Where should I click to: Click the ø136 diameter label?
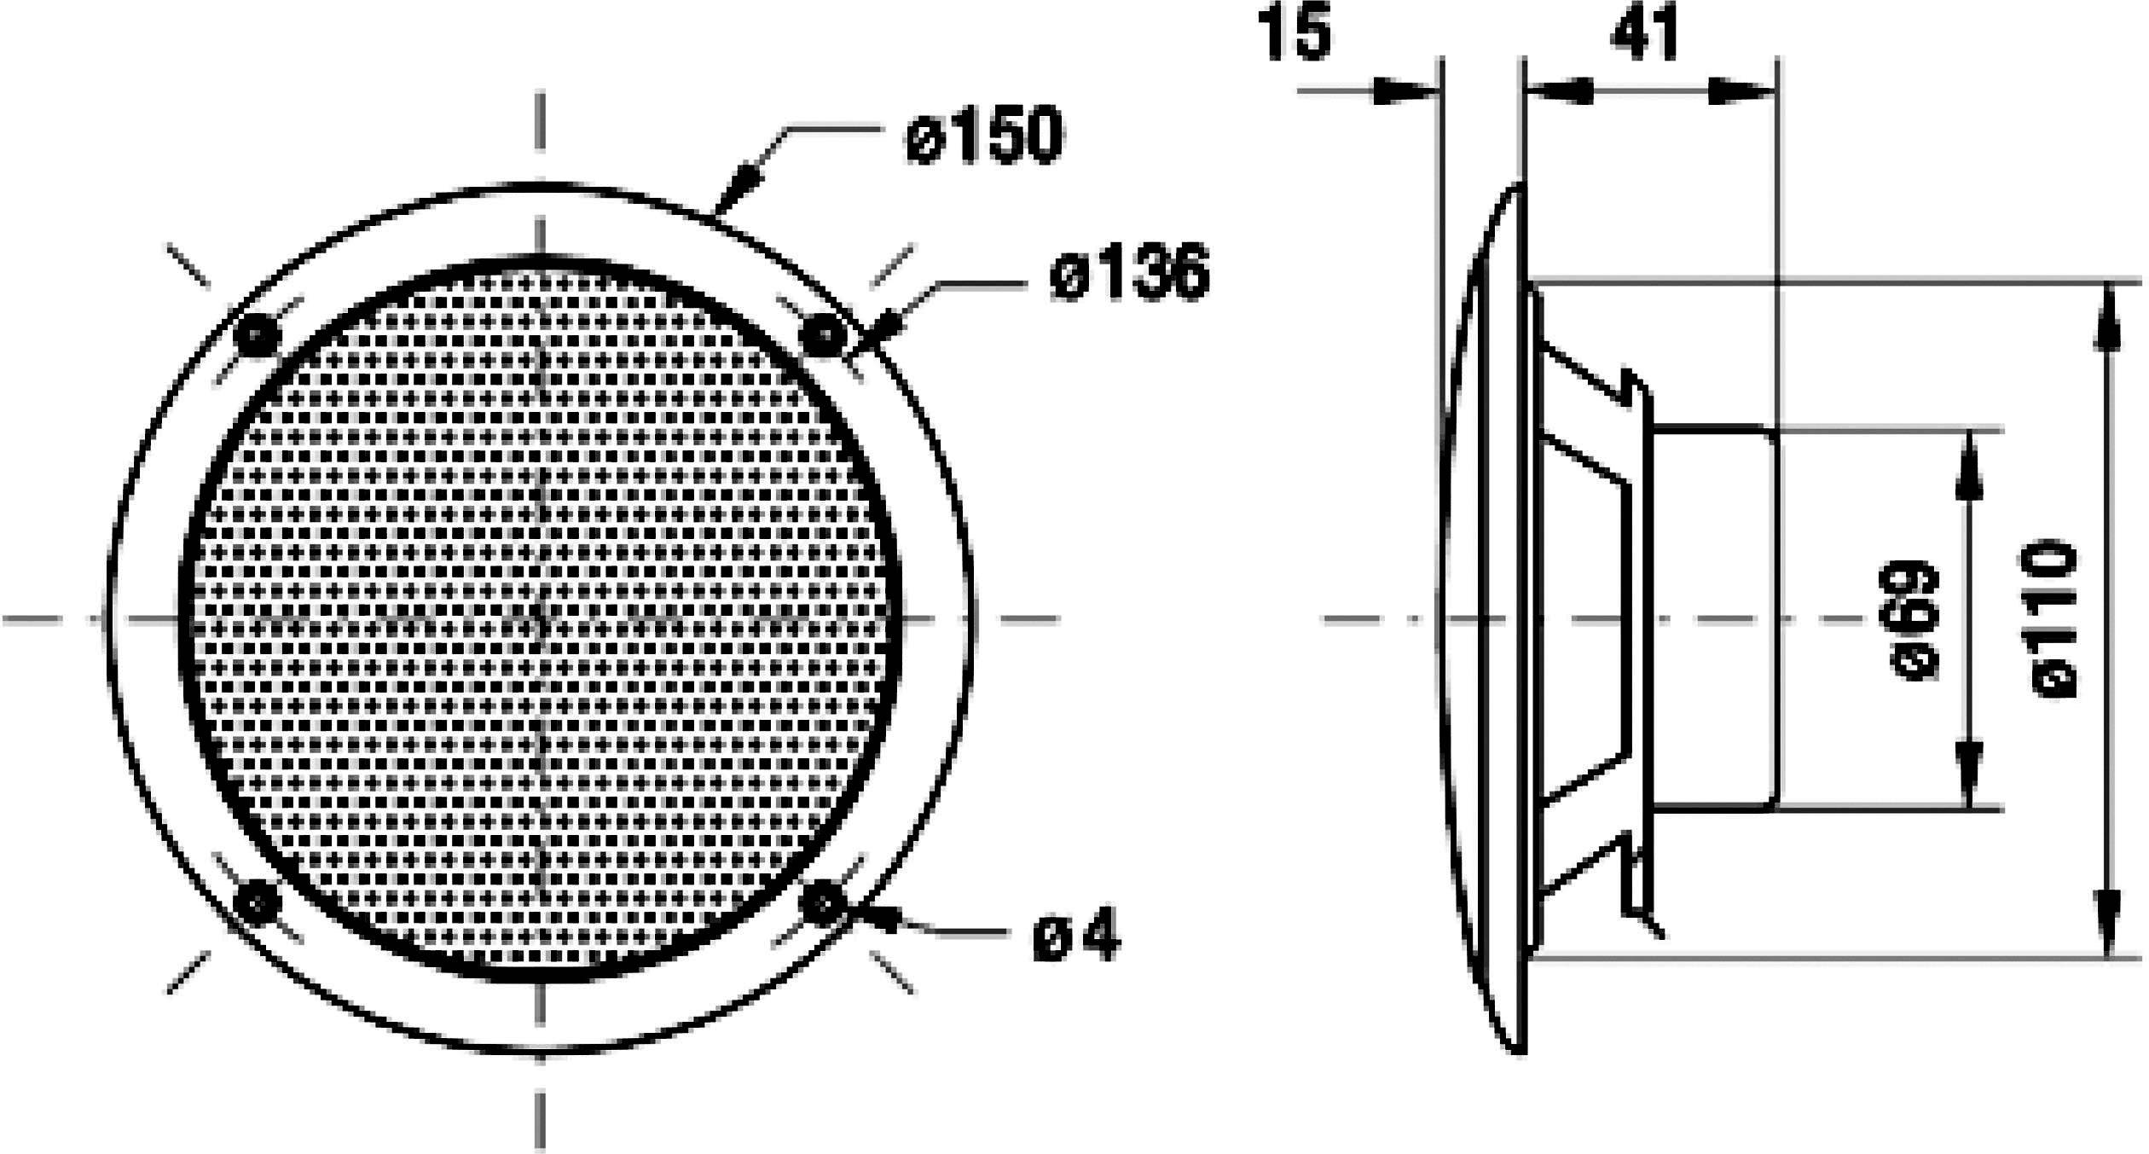pyautogui.click(x=1130, y=274)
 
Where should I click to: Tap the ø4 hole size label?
pyautogui.click(x=1076, y=935)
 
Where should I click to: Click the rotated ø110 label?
pyautogui.click(x=2047, y=619)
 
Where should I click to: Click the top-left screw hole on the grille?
pyautogui.click(x=257, y=335)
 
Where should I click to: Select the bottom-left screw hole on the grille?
pyautogui.click(x=257, y=902)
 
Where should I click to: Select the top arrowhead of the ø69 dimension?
pyautogui.click(x=1968, y=466)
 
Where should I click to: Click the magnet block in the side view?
pyautogui.click(x=1714, y=619)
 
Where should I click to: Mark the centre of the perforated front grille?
pyautogui.click(x=541, y=619)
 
